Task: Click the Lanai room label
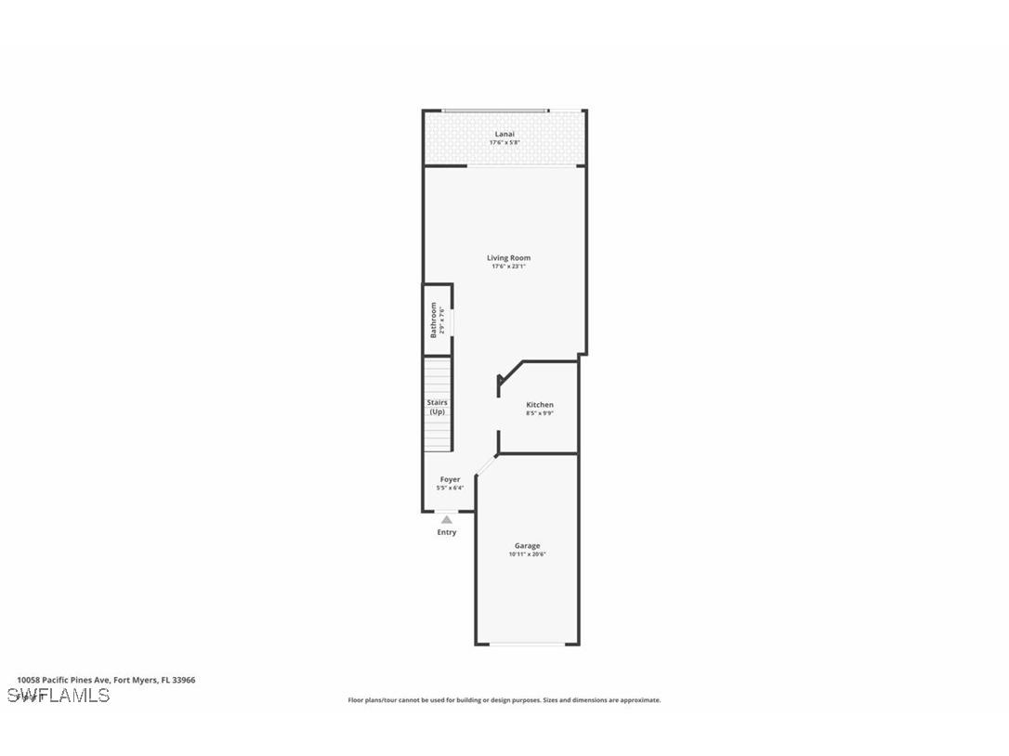(x=504, y=134)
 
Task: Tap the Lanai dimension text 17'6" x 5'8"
(x=504, y=143)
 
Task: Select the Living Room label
(x=509, y=257)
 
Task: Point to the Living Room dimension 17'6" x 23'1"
(x=509, y=267)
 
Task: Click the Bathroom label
(x=433, y=319)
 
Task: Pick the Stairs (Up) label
(x=437, y=407)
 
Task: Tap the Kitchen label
(x=540, y=405)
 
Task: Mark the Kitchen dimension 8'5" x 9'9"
(x=540, y=413)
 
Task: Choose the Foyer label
(x=450, y=479)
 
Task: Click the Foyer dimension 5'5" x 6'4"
(x=450, y=488)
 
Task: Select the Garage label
(x=527, y=545)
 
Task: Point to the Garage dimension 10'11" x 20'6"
(x=527, y=554)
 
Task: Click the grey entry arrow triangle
(x=447, y=520)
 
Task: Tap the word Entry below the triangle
(x=447, y=532)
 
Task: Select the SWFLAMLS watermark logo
(x=59, y=696)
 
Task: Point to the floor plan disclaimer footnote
(x=504, y=700)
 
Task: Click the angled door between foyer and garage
(x=486, y=467)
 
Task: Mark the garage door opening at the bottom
(x=527, y=644)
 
